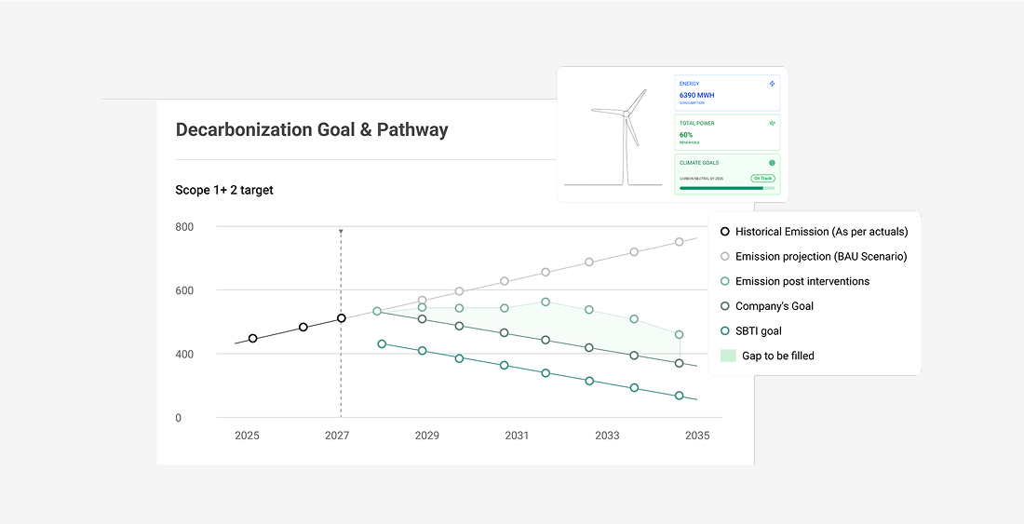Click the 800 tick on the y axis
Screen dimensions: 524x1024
coord(184,227)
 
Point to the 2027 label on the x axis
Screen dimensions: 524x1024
coord(337,436)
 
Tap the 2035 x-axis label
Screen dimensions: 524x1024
coord(696,436)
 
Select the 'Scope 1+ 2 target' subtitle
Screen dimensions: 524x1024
coord(224,191)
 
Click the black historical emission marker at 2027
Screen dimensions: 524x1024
coord(342,318)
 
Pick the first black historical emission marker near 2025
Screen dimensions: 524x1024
coord(252,339)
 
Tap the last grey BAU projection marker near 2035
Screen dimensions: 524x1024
coord(680,242)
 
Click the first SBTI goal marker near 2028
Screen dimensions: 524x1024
coord(382,344)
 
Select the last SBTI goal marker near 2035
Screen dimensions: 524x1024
coord(680,396)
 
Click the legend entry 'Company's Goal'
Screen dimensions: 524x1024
coord(775,306)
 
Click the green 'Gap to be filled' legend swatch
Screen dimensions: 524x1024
coord(728,356)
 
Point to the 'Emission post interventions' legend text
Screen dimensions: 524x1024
coord(802,281)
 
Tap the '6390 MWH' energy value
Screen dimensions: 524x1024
coord(697,95)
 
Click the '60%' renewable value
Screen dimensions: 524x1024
coord(686,135)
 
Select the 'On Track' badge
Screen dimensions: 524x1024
coord(763,178)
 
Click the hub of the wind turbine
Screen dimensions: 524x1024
coord(627,114)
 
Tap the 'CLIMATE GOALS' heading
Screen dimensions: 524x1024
coord(699,163)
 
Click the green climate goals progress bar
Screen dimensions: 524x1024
coord(721,188)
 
